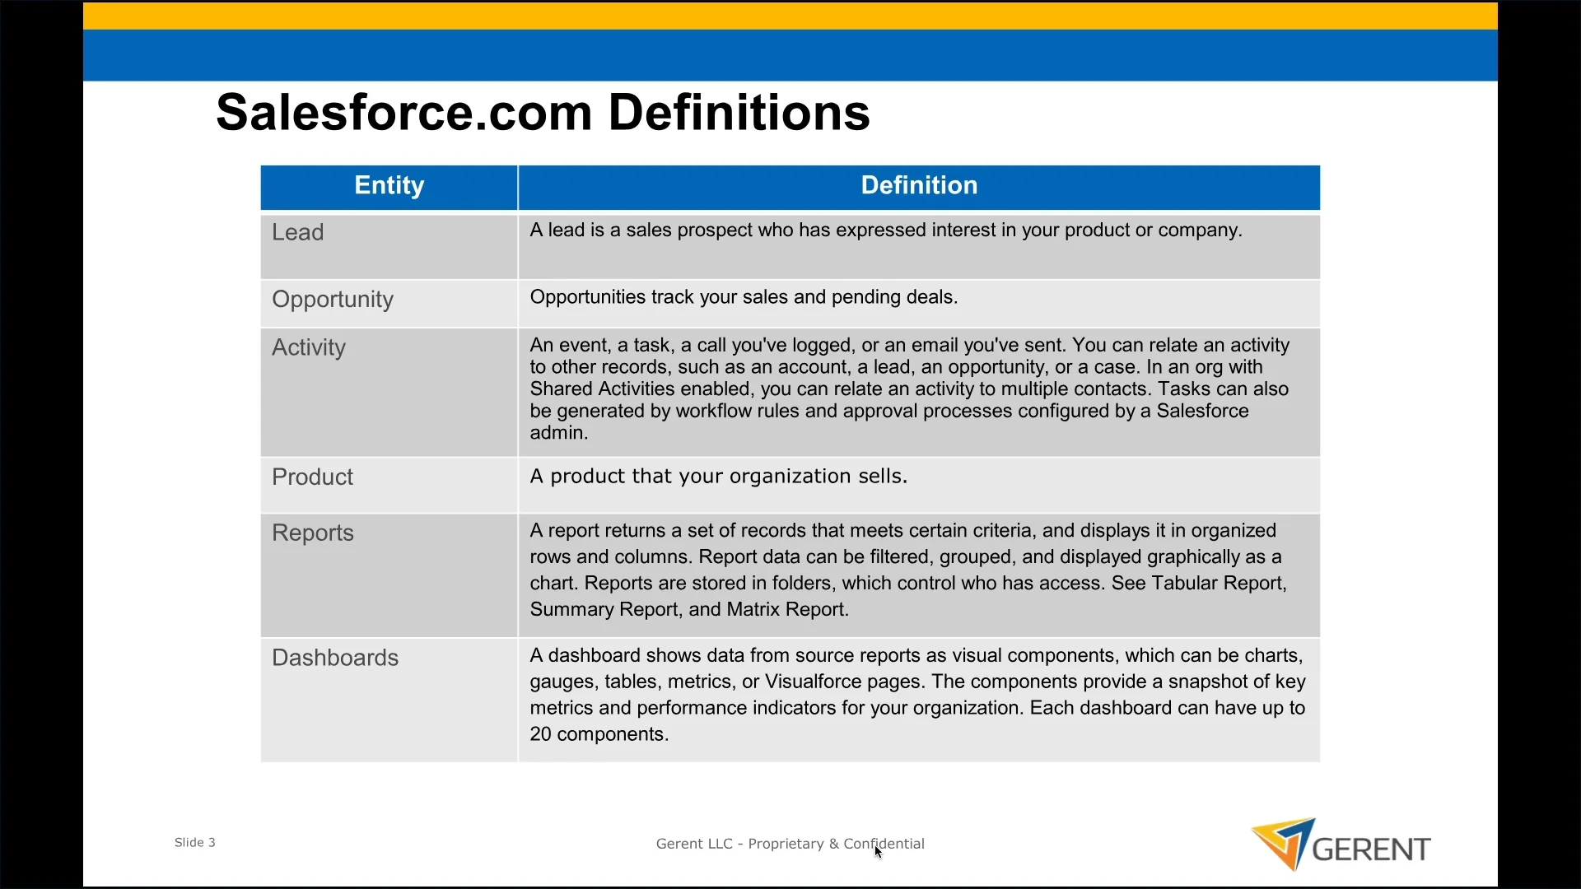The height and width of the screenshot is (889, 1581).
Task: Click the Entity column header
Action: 389,186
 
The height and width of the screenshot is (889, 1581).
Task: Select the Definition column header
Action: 919,186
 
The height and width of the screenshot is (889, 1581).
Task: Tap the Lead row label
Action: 297,233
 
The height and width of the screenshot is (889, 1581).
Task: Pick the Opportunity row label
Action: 333,300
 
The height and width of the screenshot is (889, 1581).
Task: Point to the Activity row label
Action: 309,348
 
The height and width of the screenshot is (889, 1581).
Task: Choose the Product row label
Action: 312,477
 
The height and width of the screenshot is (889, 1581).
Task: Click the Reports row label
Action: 313,534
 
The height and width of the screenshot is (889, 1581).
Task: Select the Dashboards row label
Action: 335,659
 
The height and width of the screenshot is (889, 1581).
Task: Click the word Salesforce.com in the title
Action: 404,113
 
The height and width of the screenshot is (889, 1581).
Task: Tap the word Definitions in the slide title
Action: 739,113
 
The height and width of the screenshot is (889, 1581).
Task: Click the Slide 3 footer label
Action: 195,843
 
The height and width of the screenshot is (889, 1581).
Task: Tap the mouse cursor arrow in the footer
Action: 879,852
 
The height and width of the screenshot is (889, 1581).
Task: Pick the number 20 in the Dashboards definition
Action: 541,735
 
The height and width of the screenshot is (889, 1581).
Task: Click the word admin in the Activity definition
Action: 557,434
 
